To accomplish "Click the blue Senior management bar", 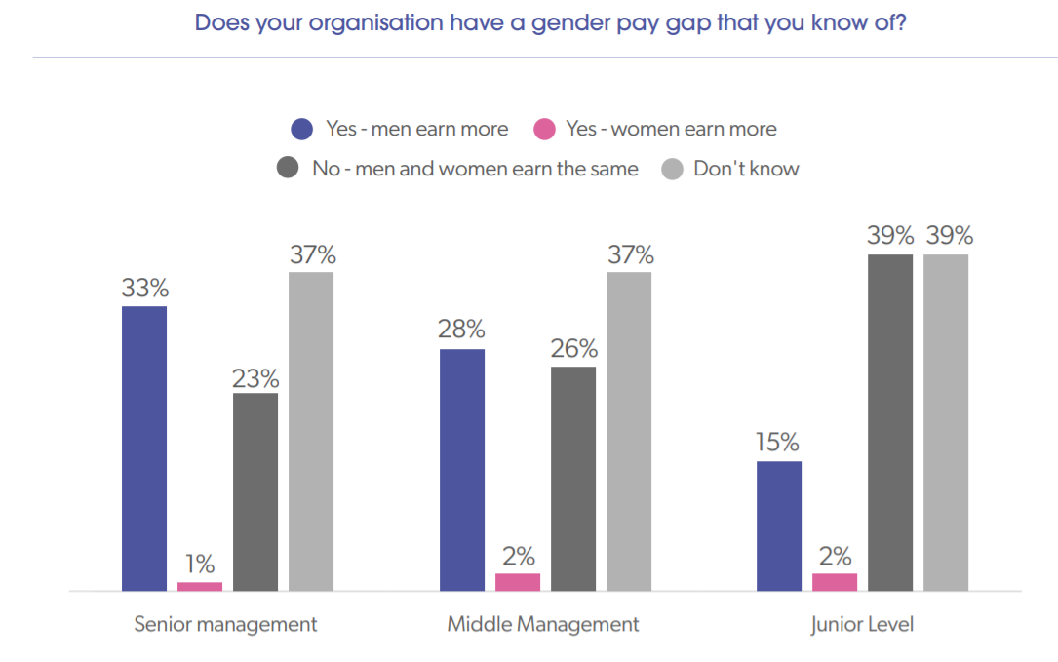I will click(144, 448).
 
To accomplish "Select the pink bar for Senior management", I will click(200, 586).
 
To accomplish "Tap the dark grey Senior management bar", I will click(255, 491).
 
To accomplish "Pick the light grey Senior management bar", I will click(311, 431).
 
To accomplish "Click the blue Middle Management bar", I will click(462, 470).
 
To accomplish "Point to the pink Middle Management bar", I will click(518, 582).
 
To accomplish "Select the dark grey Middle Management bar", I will click(573, 479).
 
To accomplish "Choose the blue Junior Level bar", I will click(779, 526).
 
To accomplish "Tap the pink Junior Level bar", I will click(835, 582).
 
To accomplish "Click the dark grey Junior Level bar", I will click(890, 422).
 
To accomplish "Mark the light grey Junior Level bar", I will click(946, 422).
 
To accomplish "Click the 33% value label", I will click(145, 289).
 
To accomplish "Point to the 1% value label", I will click(200, 565).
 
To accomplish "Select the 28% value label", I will click(462, 331).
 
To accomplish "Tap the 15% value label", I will click(779, 444).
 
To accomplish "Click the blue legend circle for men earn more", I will click(302, 130).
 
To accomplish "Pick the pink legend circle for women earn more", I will click(544, 130).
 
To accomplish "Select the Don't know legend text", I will click(746, 169).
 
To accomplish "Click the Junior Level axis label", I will click(862, 624).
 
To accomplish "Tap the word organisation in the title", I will click(372, 22).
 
